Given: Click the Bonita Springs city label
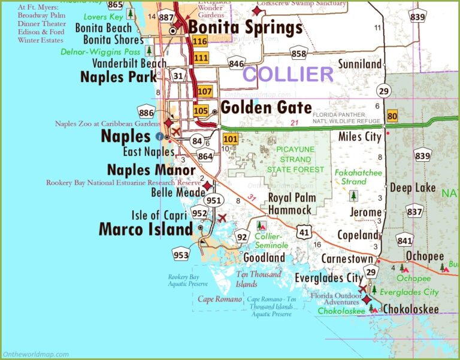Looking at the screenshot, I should click(x=246, y=28).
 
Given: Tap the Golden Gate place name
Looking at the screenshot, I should click(x=266, y=108).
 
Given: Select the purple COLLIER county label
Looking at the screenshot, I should click(x=287, y=74).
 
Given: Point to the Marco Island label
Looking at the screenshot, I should click(x=146, y=229).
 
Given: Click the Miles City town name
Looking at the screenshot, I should click(x=359, y=137).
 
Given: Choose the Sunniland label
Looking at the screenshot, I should click(x=359, y=63).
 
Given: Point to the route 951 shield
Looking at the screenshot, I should click(x=213, y=200).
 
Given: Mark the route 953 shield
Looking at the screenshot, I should click(x=181, y=254).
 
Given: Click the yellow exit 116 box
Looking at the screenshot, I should click(x=200, y=41).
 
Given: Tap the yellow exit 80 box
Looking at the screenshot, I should click(x=392, y=116).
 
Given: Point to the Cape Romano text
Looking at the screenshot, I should click(x=219, y=299).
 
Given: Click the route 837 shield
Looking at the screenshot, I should click(x=414, y=211).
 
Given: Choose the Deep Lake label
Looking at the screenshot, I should click(x=413, y=187).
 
